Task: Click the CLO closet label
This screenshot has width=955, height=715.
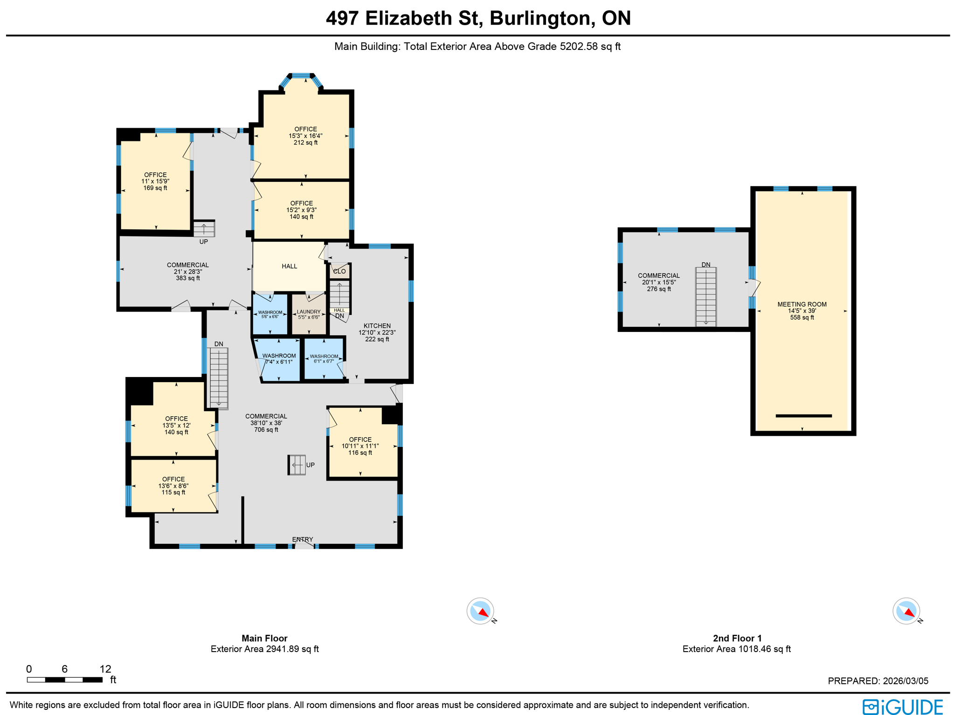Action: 339,271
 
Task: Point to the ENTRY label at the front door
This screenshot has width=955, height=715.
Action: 303,539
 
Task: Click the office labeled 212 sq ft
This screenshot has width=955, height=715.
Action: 305,136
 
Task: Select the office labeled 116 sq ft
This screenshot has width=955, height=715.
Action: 360,446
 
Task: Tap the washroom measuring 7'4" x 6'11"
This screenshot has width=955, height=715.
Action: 279,358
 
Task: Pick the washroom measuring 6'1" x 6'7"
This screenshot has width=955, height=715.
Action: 324,358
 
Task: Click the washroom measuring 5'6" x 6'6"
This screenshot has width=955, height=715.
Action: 270,314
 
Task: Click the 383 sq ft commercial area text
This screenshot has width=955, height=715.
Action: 187,271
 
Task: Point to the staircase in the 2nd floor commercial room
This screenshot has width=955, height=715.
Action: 706,296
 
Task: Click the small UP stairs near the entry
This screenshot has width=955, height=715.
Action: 297,465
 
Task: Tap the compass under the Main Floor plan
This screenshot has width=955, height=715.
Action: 480,611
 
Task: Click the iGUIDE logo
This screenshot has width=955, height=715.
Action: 903,707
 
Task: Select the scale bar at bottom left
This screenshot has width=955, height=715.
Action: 64,680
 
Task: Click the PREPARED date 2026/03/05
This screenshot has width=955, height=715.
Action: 878,681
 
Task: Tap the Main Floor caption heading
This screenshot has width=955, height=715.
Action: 264,638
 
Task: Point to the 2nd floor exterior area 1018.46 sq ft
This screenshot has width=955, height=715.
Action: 736,649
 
